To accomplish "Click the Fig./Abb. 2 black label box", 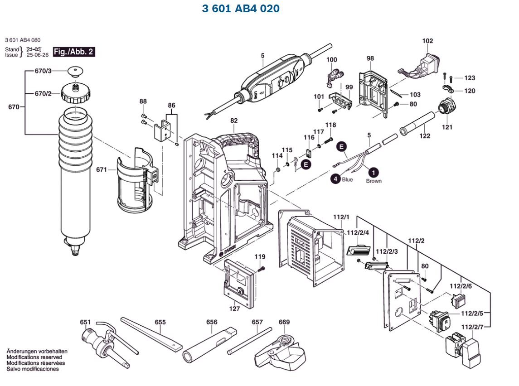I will (x=74, y=52).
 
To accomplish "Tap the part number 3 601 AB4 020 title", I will (x=240, y=9).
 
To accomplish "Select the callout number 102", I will (x=427, y=41).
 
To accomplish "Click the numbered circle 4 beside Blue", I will (x=335, y=179).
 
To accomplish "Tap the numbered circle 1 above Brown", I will (x=373, y=173).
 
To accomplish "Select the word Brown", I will (x=374, y=181).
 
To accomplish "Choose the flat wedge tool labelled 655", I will (x=152, y=335).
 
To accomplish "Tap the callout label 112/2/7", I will (x=473, y=327).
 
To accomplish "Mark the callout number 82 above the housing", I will (x=234, y=121).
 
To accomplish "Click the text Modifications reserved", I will (x=35, y=357).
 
